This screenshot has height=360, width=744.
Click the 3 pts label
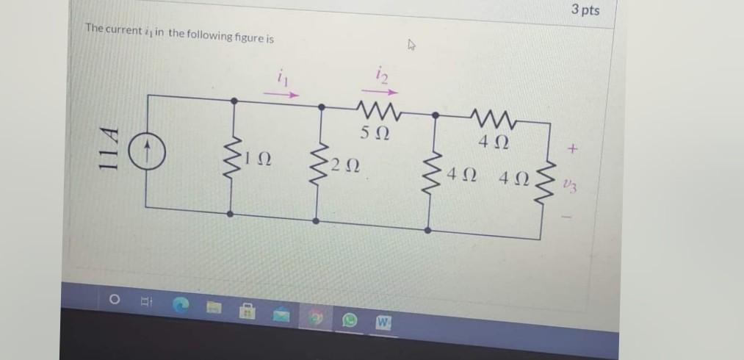585,10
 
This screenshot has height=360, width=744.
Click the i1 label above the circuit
281,75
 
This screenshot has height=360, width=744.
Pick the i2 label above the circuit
381,73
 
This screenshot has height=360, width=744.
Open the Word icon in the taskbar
383,323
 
